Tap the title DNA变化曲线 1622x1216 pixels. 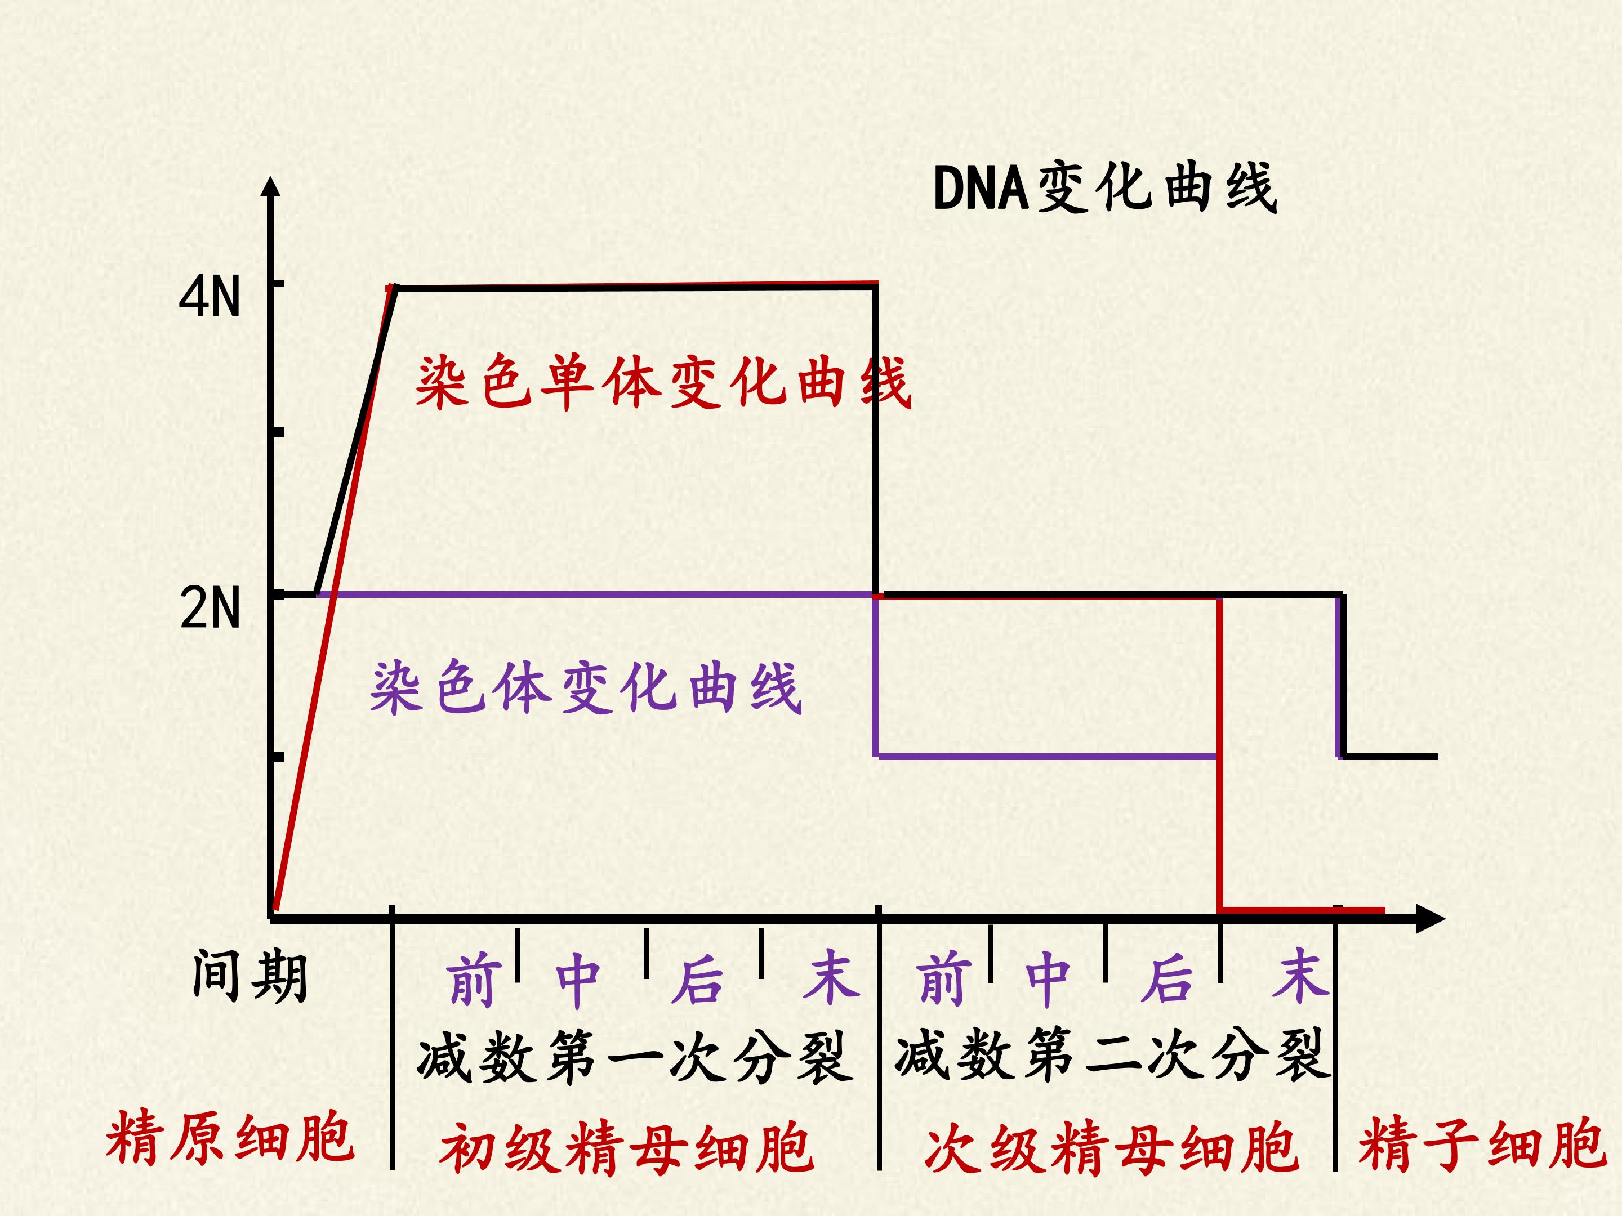click(x=1105, y=189)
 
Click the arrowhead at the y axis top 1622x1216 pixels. click(x=271, y=186)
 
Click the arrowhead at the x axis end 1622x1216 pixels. click(x=1430, y=918)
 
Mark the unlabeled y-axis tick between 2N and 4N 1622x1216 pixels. click(x=277, y=432)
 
